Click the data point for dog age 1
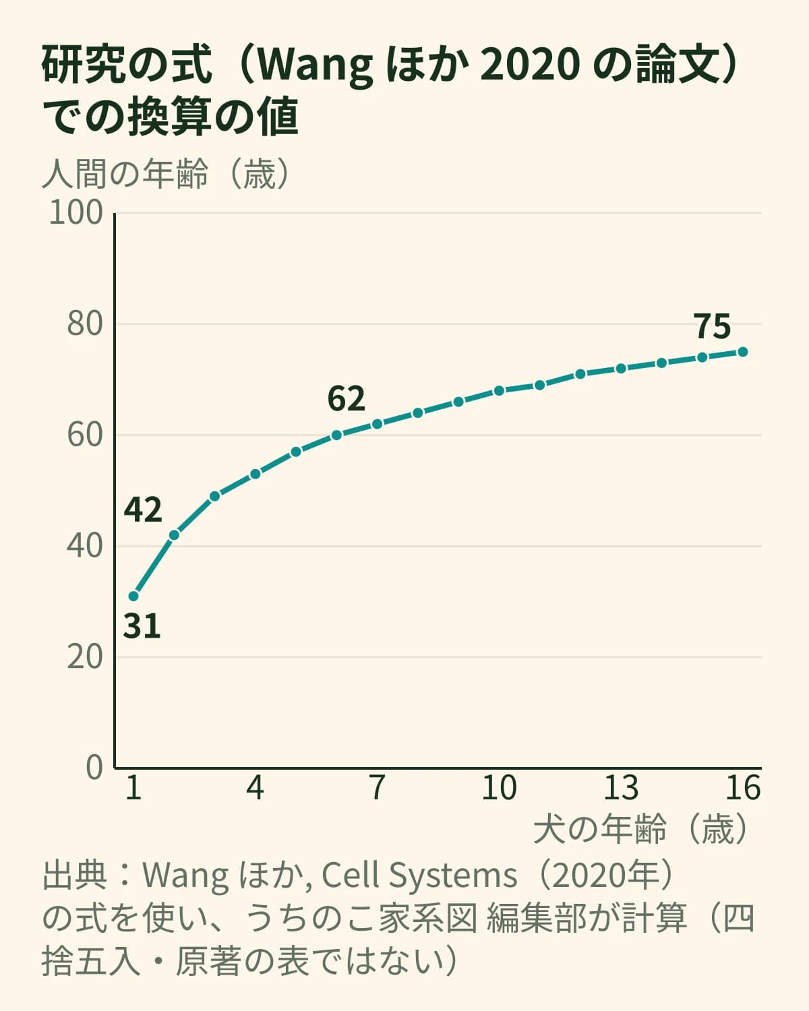coord(133,596)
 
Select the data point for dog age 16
coord(743,352)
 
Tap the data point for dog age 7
coord(377,424)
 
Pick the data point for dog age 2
coord(174,535)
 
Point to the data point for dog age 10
coord(499,391)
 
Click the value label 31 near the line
coord(142,626)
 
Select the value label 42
coord(143,510)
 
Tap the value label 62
coord(346,399)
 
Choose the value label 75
coord(712,326)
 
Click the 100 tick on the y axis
coord(76,212)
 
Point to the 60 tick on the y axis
coord(85,435)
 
